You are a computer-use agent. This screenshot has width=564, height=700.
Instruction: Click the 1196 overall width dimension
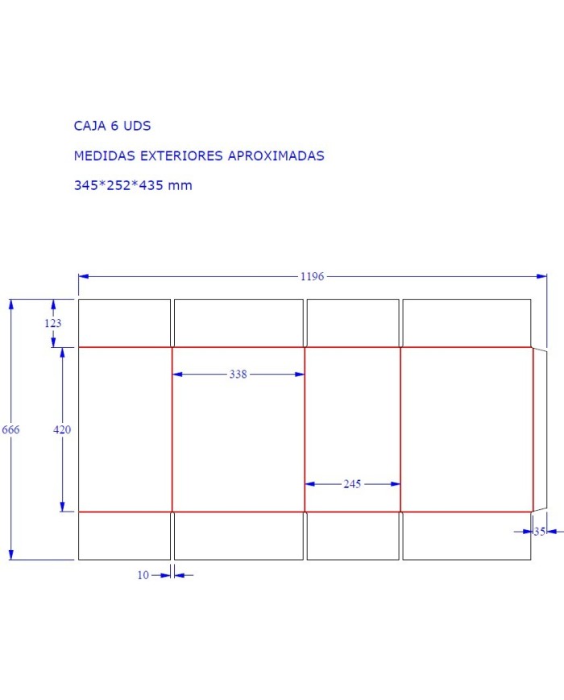[x=312, y=276]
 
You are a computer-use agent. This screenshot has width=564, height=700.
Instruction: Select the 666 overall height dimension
[x=10, y=430]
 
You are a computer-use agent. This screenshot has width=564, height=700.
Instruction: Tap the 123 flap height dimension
[x=52, y=323]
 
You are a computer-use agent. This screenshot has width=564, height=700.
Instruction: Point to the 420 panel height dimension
[x=62, y=430]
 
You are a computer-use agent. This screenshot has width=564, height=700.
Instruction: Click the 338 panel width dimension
[x=238, y=374]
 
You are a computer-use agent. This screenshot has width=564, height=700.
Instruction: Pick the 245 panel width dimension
[x=352, y=484]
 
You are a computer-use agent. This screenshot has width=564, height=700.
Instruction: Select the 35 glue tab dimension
[x=540, y=532]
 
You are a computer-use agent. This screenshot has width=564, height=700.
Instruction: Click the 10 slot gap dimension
[x=143, y=575]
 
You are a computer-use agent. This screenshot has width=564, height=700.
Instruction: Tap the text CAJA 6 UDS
[x=112, y=126]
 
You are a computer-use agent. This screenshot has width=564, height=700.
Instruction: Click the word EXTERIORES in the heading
[x=182, y=155]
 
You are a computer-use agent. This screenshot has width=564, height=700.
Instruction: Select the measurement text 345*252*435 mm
[x=133, y=185]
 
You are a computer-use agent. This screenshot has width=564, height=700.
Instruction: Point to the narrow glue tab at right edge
[x=540, y=430]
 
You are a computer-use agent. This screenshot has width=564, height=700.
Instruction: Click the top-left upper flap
[x=124, y=323]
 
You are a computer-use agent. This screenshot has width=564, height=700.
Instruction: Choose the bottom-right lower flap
[x=467, y=536]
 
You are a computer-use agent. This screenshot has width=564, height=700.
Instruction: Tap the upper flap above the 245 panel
[x=353, y=323]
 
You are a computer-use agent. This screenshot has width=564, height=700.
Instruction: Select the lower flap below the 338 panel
[x=238, y=536]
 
